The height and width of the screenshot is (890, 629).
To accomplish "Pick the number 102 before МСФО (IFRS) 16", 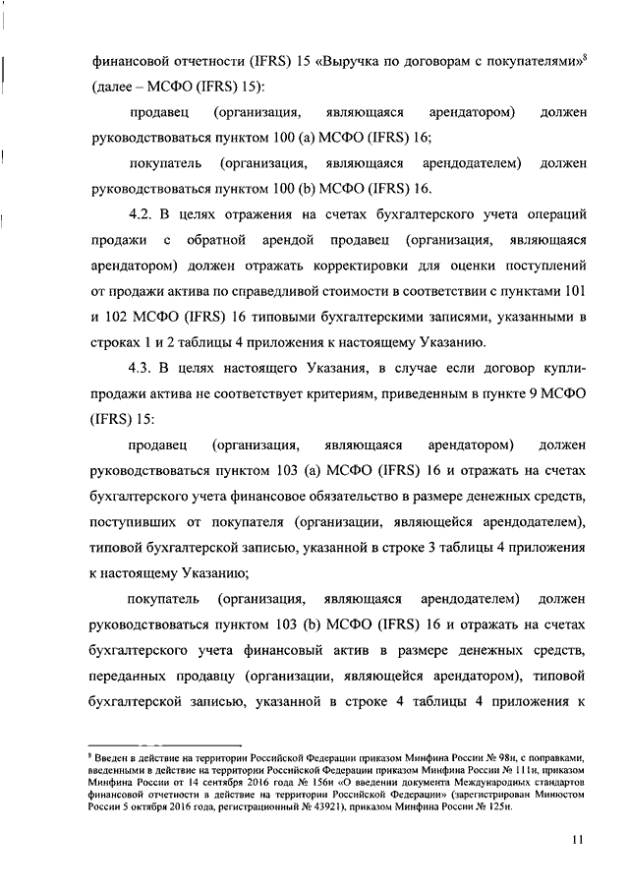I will [x=122, y=316].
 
